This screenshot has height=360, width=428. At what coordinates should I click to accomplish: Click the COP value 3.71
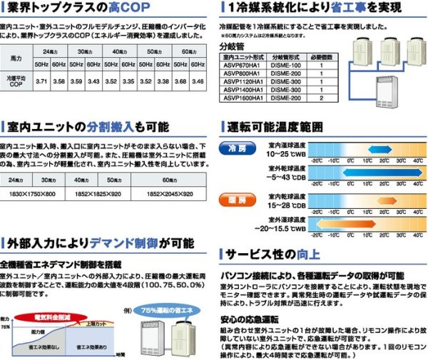coord(41,83)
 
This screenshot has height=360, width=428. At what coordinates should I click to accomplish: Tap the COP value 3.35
coord(128,83)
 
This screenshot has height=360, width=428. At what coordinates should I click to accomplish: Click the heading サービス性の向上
coord(273,254)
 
